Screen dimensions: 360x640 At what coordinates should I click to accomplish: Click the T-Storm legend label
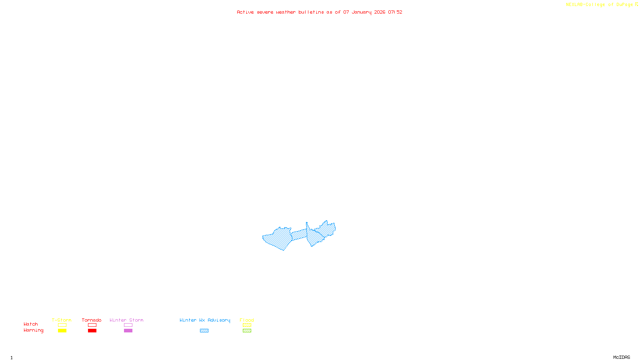[62, 320]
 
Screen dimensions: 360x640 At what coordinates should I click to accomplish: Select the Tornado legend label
[92, 320]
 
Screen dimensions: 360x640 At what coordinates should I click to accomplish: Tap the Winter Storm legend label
[126, 320]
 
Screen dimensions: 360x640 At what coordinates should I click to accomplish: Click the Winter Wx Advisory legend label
[205, 320]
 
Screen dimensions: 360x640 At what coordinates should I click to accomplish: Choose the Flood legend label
[247, 320]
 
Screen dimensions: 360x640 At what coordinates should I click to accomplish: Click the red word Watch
[31, 324]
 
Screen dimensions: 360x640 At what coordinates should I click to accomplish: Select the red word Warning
[34, 330]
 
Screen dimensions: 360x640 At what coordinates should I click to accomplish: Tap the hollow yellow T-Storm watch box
[62, 325]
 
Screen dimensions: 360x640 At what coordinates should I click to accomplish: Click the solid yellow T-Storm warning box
[62, 331]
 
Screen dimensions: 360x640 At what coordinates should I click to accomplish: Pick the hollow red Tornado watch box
[92, 325]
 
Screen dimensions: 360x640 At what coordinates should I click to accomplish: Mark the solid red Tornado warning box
[92, 331]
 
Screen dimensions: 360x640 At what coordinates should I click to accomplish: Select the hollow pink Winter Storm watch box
[128, 325]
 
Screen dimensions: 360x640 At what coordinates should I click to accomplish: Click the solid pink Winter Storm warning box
[128, 331]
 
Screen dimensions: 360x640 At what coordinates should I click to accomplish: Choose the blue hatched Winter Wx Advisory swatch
[204, 331]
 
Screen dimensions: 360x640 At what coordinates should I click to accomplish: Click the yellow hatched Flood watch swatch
[247, 325]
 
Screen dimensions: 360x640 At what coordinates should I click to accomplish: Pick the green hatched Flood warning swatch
[247, 331]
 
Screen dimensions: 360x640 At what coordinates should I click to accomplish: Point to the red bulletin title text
[320, 12]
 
